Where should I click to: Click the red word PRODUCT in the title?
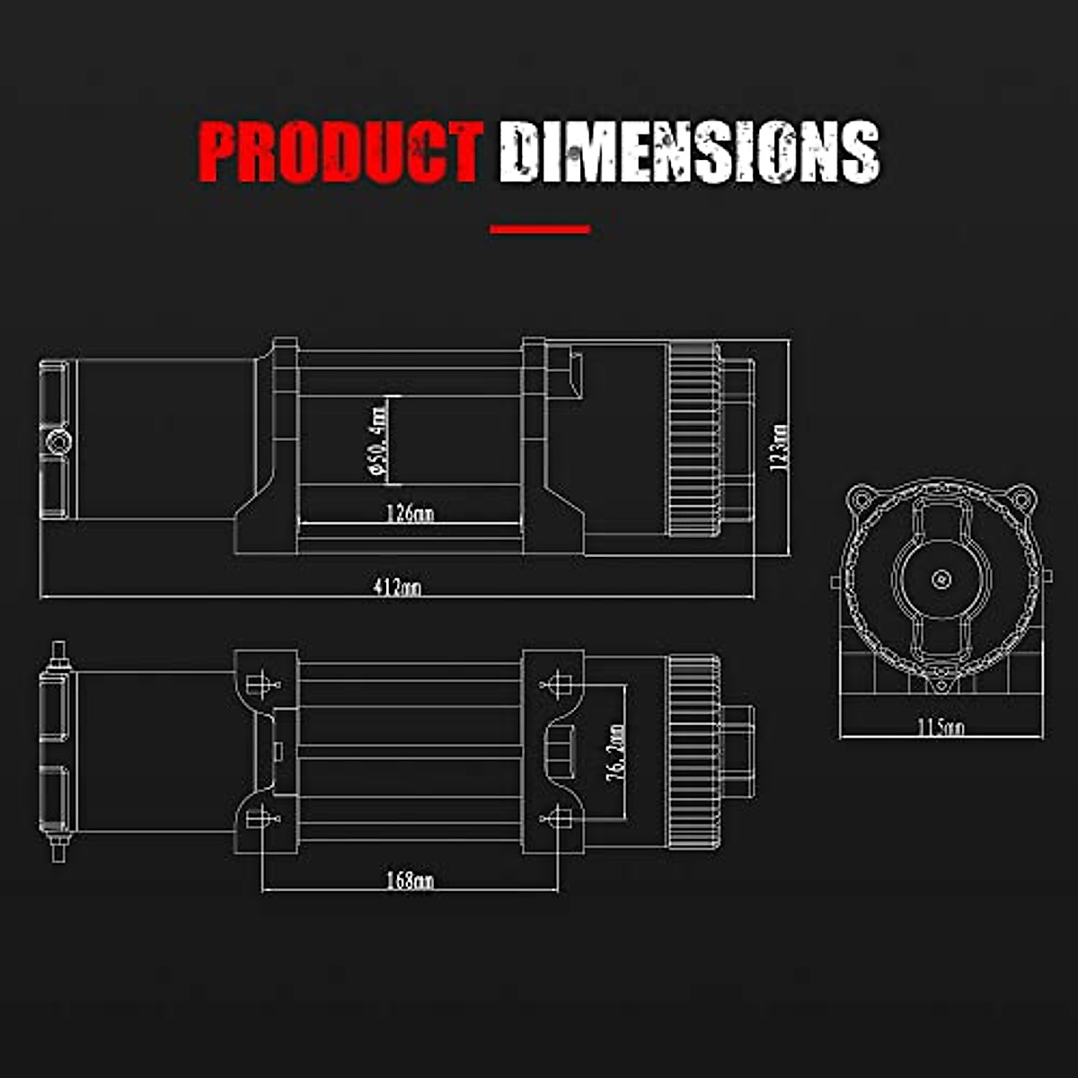[x=340, y=153]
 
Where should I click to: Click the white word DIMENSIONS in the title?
[x=689, y=153]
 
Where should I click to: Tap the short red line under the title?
[x=540, y=229]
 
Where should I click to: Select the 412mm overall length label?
[x=397, y=588]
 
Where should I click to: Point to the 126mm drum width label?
[x=410, y=513]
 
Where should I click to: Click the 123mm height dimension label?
[x=780, y=446]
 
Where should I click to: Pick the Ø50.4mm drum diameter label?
[x=377, y=440]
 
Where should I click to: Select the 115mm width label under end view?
[x=941, y=727]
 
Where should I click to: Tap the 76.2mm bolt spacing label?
[x=616, y=753]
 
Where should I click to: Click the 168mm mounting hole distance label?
[x=410, y=880]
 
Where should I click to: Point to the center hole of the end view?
[x=941, y=579]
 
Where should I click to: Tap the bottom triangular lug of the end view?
[x=941, y=686]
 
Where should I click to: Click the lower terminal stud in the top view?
[x=58, y=849]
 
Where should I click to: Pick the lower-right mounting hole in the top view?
[x=558, y=818]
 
